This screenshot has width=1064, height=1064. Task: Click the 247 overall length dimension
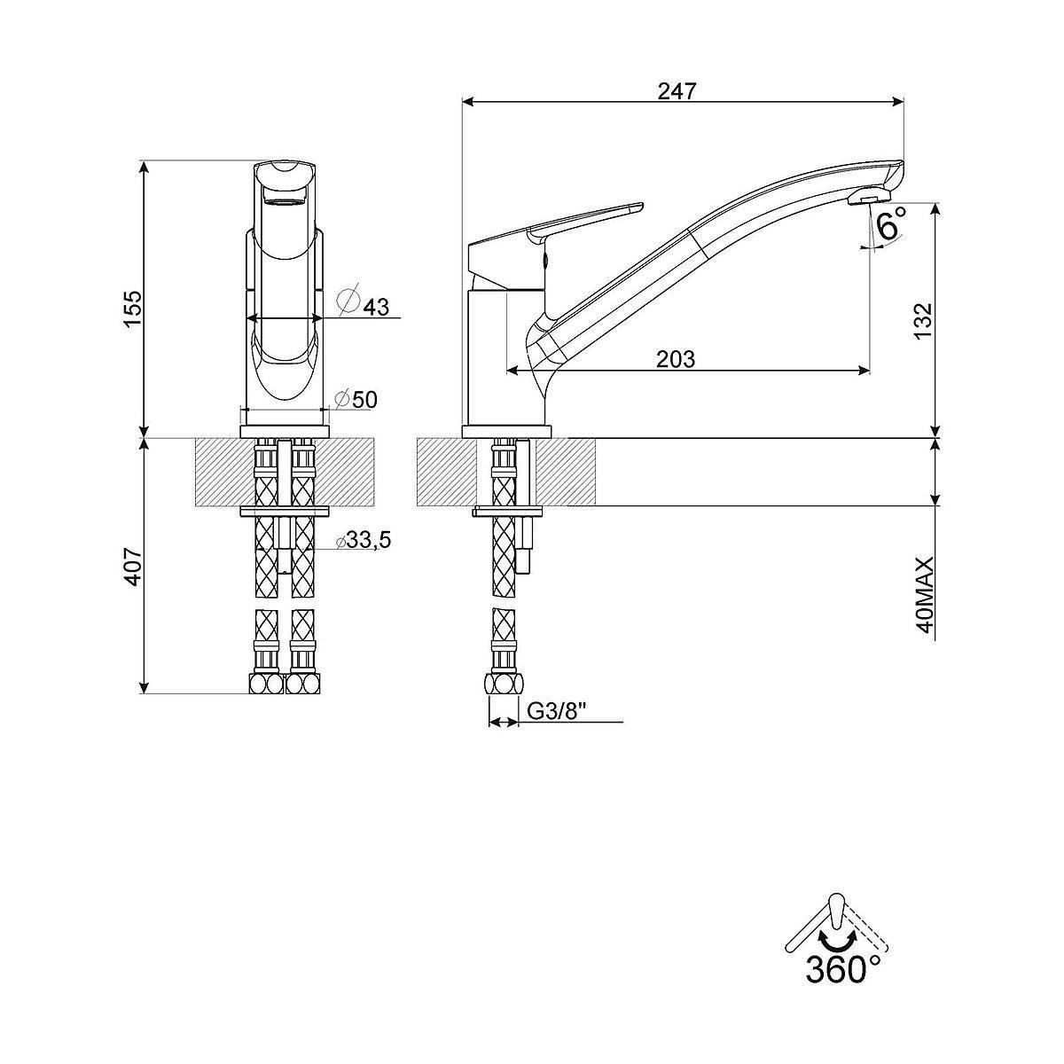[x=677, y=91]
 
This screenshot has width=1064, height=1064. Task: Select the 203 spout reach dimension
[x=676, y=359]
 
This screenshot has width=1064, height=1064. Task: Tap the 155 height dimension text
[x=133, y=309]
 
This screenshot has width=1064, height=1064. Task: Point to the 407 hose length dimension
[x=133, y=567]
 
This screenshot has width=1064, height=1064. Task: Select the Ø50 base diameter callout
[x=356, y=399]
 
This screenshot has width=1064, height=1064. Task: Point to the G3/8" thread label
[x=555, y=712]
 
